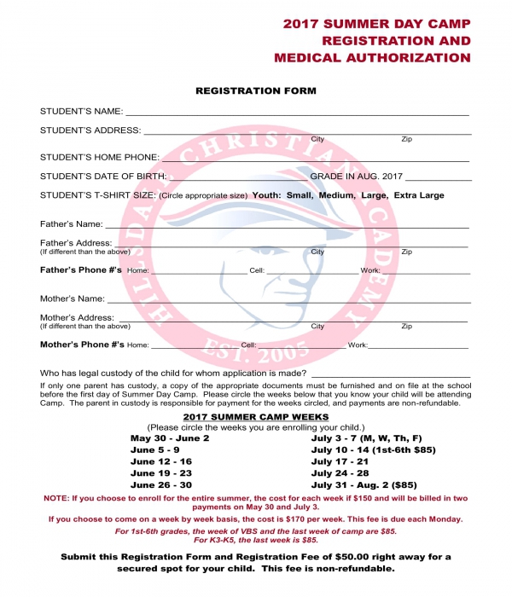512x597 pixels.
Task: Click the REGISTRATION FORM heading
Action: (x=256, y=90)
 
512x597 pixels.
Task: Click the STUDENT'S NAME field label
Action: (x=81, y=112)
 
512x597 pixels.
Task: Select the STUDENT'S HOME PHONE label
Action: (x=99, y=158)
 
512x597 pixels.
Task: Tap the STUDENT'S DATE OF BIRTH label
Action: (x=103, y=177)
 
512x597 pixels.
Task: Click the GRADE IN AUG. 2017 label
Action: (x=355, y=177)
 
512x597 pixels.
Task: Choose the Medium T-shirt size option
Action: (x=336, y=195)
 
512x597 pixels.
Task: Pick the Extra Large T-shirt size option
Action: (x=419, y=195)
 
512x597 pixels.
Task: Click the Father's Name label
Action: (x=71, y=224)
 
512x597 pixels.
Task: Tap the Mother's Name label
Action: (x=73, y=299)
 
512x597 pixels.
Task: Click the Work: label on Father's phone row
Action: (x=369, y=270)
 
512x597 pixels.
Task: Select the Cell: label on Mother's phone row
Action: (x=248, y=345)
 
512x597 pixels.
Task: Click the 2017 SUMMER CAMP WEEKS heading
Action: (x=256, y=416)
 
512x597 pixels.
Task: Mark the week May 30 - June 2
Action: (x=169, y=438)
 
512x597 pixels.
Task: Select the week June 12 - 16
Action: (x=161, y=461)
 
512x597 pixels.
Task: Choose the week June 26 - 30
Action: (x=161, y=484)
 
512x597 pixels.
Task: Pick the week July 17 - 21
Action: (x=340, y=461)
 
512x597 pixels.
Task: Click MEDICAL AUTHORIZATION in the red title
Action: (x=372, y=58)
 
